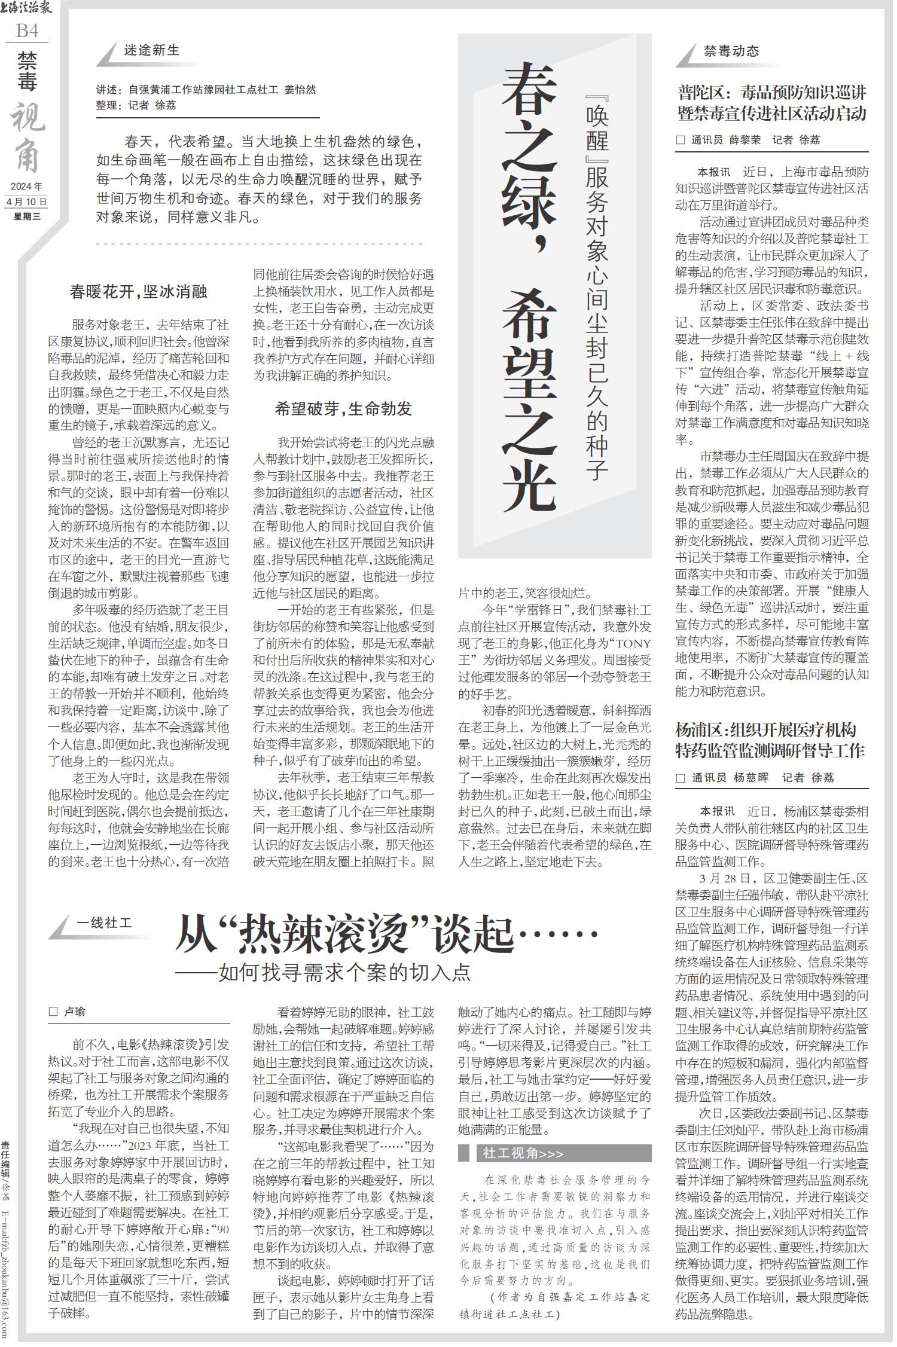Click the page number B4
pyautogui.click(x=27, y=30)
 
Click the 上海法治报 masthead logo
pyautogui.click(x=27, y=8)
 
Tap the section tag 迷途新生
pyautogui.click(x=151, y=51)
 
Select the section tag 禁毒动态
pyautogui.click(x=731, y=51)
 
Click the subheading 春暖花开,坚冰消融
pyautogui.click(x=138, y=292)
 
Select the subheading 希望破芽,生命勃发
pyautogui.click(x=343, y=410)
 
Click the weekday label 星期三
pyautogui.click(x=27, y=216)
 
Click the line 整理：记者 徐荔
pyautogui.click(x=136, y=105)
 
